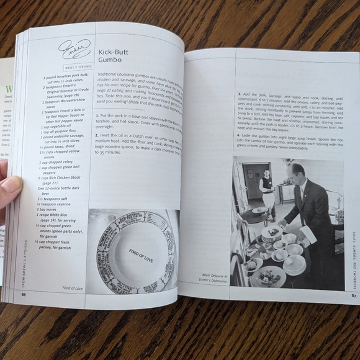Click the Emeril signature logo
click(x=74, y=48)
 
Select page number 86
click(x=24, y=294)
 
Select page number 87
click(x=352, y=295)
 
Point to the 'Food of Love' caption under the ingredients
click(x=73, y=289)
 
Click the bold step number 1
click(x=97, y=115)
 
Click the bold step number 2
click(x=97, y=135)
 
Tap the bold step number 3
click(x=240, y=93)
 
